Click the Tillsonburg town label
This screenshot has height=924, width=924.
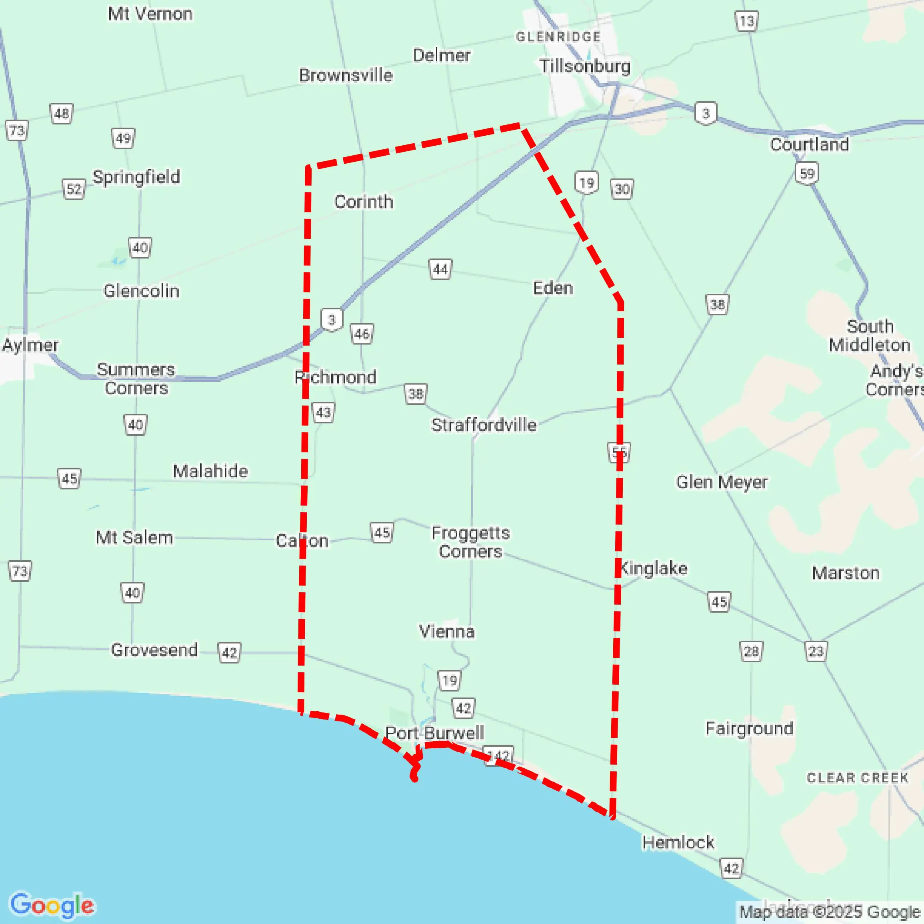pyautogui.click(x=584, y=66)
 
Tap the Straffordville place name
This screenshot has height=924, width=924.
pyautogui.click(x=484, y=425)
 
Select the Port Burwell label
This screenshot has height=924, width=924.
pyautogui.click(x=434, y=733)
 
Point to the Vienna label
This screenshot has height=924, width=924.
pyautogui.click(x=447, y=631)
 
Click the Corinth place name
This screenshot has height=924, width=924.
pyautogui.click(x=364, y=201)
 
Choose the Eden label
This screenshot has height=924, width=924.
pyautogui.click(x=553, y=288)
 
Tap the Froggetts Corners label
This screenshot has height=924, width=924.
pyautogui.click(x=471, y=542)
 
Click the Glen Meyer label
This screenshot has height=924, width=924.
pyautogui.click(x=721, y=481)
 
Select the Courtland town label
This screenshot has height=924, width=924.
pyautogui.click(x=809, y=144)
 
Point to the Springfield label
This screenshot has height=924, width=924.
pyautogui.click(x=136, y=176)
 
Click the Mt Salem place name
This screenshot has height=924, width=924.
pyautogui.click(x=134, y=537)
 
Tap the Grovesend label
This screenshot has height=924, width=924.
pyautogui.click(x=154, y=649)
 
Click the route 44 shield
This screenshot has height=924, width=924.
pyautogui.click(x=440, y=269)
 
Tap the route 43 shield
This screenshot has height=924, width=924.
pyautogui.click(x=323, y=412)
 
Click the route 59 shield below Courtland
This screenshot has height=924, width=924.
pyautogui.click(x=807, y=173)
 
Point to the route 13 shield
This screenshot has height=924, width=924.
pyautogui.click(x=746, y=21)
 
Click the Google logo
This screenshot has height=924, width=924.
pyautogui.click(x=52, y=905)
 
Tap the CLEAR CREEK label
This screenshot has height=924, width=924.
pyautogui.click(x=858, y=778)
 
